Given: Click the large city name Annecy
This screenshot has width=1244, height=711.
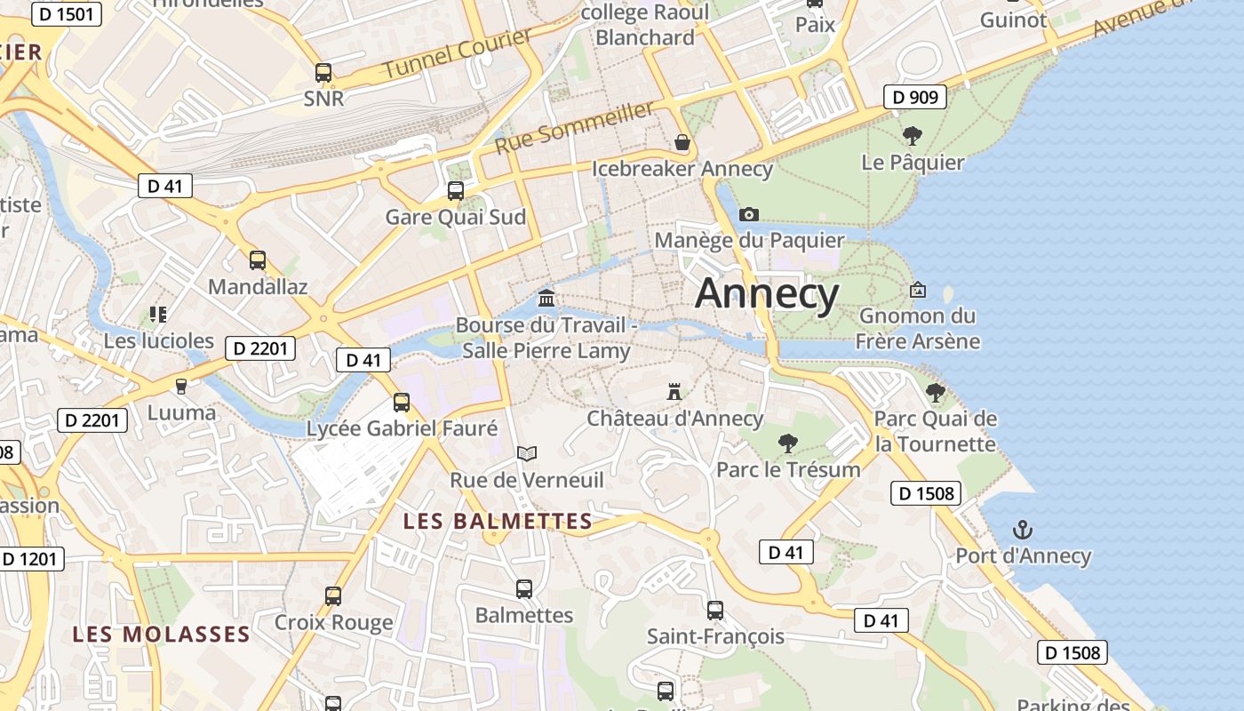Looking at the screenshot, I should coord(767,293).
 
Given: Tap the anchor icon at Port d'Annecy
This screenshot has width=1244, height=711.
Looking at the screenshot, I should coord(1023,531).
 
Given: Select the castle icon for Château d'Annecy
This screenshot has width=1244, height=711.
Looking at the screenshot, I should coord(674,392).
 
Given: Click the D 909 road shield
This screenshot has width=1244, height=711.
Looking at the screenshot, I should coord(914,97).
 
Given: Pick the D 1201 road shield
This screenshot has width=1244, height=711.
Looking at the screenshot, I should coord(29,559).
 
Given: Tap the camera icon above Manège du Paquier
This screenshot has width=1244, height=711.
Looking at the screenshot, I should coord(749,214).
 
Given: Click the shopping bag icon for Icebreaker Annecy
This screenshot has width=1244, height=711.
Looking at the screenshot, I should coord(682,142).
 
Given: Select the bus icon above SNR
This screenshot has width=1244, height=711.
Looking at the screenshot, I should coord(323,73).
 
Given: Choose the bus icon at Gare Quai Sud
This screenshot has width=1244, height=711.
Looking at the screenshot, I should coord(456,190).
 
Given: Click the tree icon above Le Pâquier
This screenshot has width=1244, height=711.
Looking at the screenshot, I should coord(912,136).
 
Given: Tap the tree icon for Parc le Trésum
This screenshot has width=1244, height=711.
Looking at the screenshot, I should coord(787,443).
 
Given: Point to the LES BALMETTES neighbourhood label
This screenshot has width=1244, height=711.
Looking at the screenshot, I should coord(498,521).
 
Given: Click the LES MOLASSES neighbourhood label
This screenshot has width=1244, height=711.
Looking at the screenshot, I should coord(161,635).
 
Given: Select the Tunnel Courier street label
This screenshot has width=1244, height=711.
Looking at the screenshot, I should coord(458,53).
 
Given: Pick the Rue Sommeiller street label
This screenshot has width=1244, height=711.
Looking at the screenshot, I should coord(575,127).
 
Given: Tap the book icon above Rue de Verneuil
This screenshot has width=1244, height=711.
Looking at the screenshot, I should coord(527,454).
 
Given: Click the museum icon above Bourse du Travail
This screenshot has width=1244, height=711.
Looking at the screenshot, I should coord(546,298).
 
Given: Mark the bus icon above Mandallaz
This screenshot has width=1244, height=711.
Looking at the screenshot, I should coord(258,260).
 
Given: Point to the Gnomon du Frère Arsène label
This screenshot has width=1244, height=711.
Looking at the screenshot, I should coord(917,328).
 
